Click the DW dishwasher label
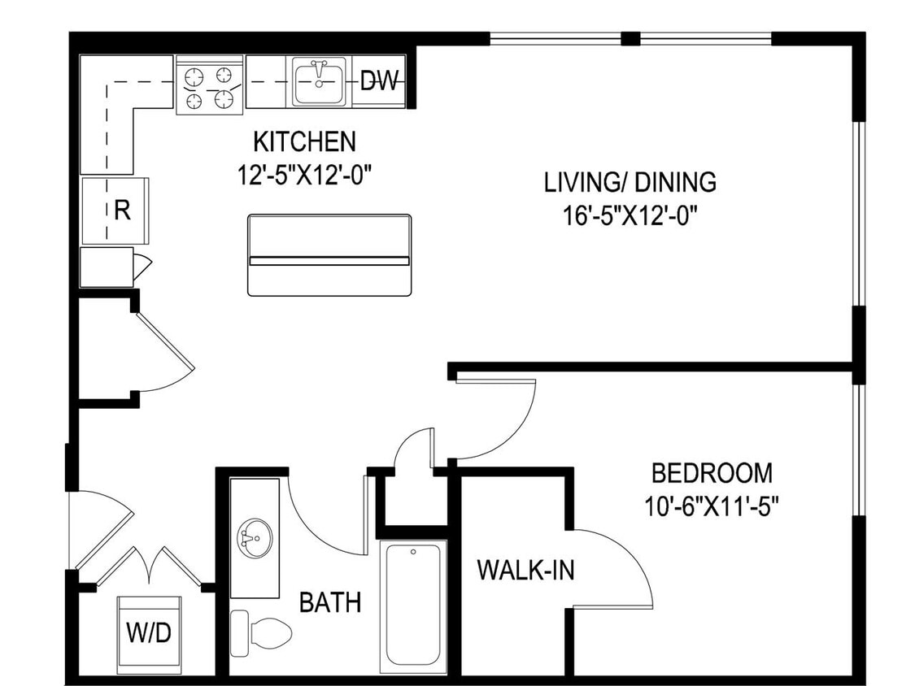[x=379, y=80]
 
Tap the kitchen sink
[x=319, y=81]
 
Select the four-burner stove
[x=210, y=86]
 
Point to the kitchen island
[x=329, y=255]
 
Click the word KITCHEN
[x=304, y=141]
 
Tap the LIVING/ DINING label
[x=630, y=182]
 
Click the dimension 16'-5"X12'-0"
[x=631, y=216]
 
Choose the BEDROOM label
[x=712, y=472]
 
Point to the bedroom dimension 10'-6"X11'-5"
[x=712, y=506]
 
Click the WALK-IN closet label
[x=525, y=571]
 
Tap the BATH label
[x=330, y=602]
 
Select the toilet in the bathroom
[x=262, y=632]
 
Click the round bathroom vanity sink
[x=252, y=537]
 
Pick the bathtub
[x=413, y=605]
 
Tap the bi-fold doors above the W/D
[x=149, y=566]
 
